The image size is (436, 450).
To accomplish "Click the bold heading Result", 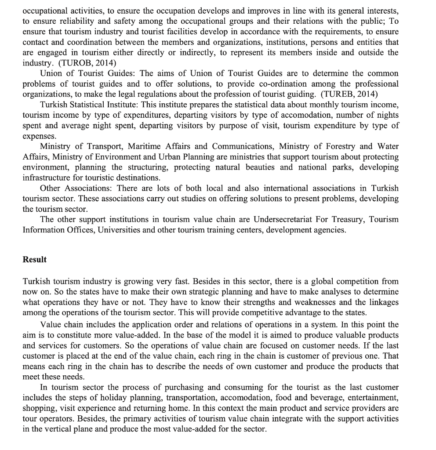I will pyautogui.click(x=34, y=259).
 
